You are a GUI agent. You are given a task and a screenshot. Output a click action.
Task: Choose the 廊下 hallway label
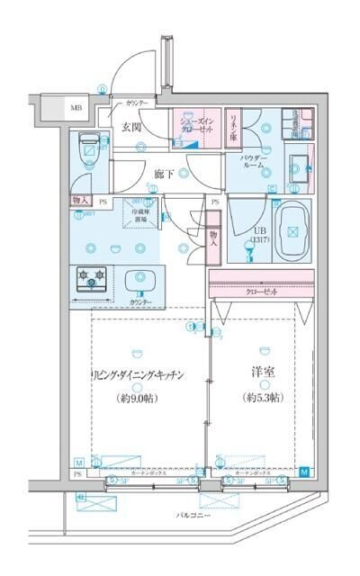coord(163,173)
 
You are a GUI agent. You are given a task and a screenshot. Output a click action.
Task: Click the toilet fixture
coord(89,146)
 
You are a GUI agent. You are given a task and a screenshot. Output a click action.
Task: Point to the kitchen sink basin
coord(139,280)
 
